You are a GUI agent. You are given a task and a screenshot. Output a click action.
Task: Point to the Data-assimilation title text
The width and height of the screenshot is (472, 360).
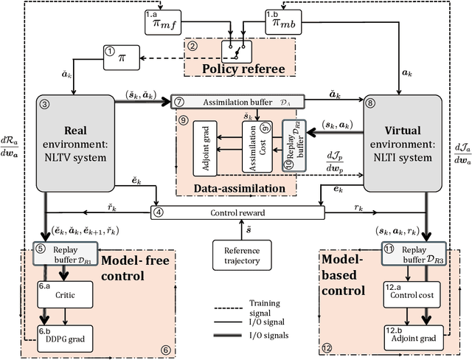coord(240,189)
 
